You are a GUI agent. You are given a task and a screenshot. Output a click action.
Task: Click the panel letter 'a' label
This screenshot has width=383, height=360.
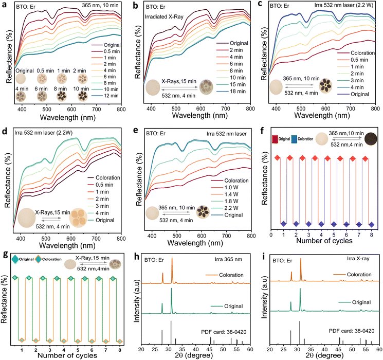coord(5,5)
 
